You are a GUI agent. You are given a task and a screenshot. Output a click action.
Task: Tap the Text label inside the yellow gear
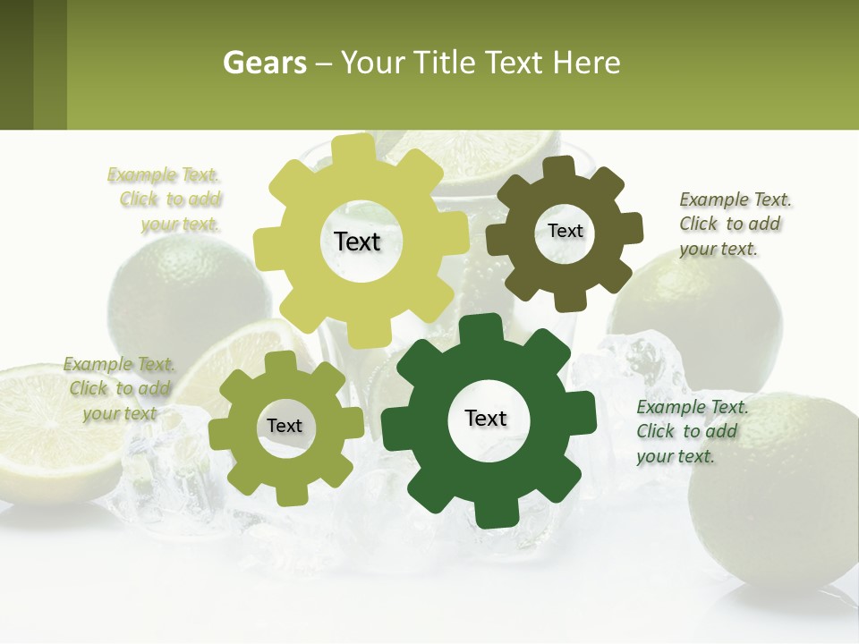click(x=357, y=241)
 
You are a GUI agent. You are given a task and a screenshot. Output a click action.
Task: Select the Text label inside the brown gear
click(x=565, y=231)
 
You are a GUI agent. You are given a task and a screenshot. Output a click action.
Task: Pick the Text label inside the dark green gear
click(x=486, y=418)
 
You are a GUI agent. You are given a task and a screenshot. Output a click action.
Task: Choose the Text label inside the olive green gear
click(x=285, y=426)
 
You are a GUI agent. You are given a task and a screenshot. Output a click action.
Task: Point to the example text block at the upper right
click(x=735, y=224)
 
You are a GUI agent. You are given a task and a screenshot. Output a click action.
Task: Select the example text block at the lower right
click(x=692, y=431)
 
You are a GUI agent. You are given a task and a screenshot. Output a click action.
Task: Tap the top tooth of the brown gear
click(x=559, y=167)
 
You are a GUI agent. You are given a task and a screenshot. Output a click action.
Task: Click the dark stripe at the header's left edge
click(x=16, y=64)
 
